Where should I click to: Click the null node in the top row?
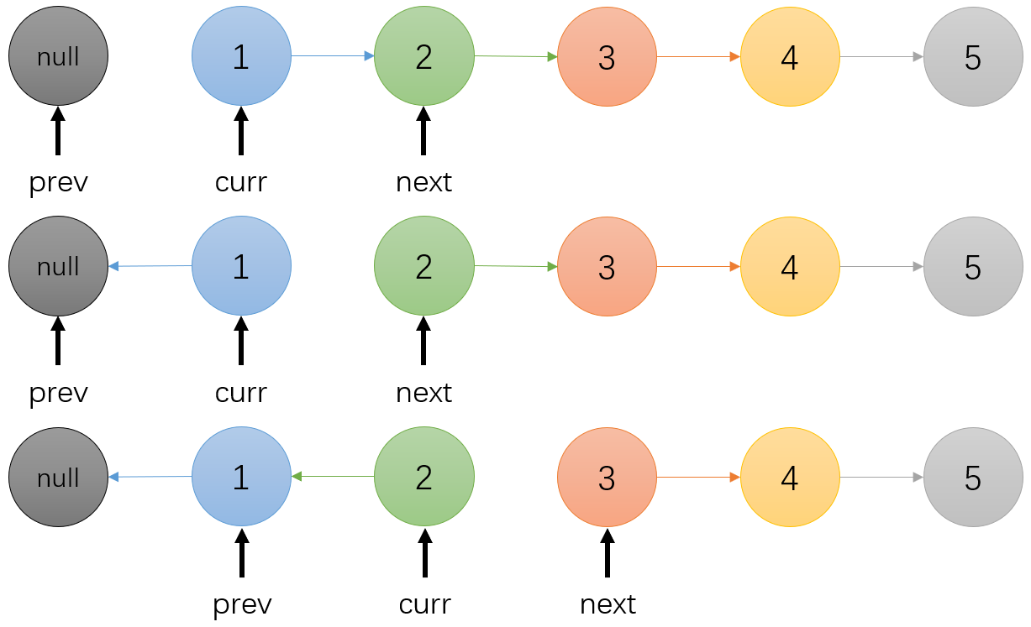pos(59,56)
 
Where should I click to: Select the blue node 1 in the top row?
pos(241,56)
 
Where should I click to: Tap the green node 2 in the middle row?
pos(423,266)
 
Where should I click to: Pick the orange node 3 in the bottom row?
pos(608,477)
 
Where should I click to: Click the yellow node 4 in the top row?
pos(790,56)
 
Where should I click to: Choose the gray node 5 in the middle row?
pos(973,267)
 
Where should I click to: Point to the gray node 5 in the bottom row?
pos(973,477)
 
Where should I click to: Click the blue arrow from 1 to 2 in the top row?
pos(333,56)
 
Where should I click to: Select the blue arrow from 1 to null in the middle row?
pos(150,266)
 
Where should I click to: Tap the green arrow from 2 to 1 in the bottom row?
pos(333,476)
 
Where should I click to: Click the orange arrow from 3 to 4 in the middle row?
pos(699,267)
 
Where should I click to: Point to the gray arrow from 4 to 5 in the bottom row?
pos(882,477)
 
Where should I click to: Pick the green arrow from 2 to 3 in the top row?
pos(516,56)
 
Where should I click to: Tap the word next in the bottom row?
pos(608,604)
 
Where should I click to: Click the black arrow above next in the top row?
pos(423,131)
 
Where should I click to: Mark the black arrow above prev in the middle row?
pos(58,341)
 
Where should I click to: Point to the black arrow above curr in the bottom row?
pos(425,552)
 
